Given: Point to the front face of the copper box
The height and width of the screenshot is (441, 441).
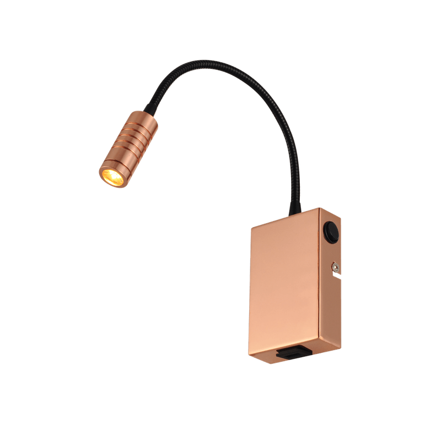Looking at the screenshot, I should [281, 287].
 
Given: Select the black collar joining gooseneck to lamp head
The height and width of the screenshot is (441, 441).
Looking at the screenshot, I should [150, 105].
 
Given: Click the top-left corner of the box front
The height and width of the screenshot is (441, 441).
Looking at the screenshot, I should [251, 227].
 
